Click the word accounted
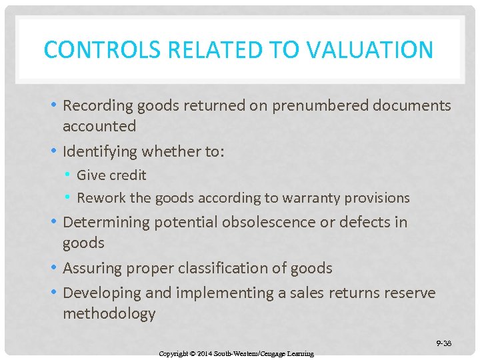99,126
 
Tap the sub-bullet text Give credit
111,175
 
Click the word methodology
109,313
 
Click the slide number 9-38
444,343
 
